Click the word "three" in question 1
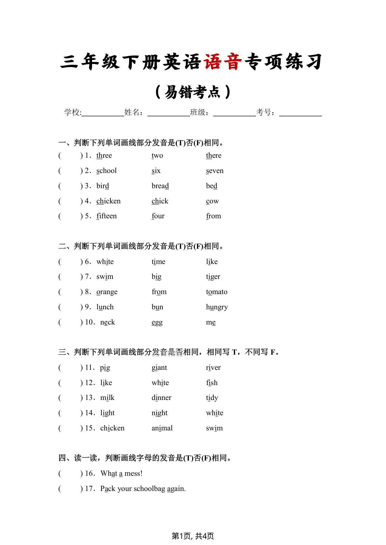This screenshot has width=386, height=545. [104, 156]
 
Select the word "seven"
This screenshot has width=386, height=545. [215, 171]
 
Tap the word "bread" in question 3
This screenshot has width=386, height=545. [160, 186]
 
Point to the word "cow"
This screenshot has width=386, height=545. [212, 201]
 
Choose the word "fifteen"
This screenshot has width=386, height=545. [106, 216]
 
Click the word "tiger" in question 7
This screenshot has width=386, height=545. [213, 277]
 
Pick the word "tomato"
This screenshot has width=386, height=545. [216, 292]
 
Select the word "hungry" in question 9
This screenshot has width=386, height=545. [217, 307]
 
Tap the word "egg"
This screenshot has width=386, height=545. [157, 323]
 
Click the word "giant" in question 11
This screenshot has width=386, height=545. [159, 368]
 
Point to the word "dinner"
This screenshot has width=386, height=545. [161, 398]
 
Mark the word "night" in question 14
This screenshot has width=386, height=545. [160, 413]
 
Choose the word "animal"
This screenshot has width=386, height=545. [162, 428]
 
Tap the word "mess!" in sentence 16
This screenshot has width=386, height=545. [133, 474]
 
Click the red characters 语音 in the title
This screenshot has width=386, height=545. [223, 62]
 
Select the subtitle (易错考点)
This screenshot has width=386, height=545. [193, 92]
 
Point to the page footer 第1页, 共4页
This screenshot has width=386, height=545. [193, 536]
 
